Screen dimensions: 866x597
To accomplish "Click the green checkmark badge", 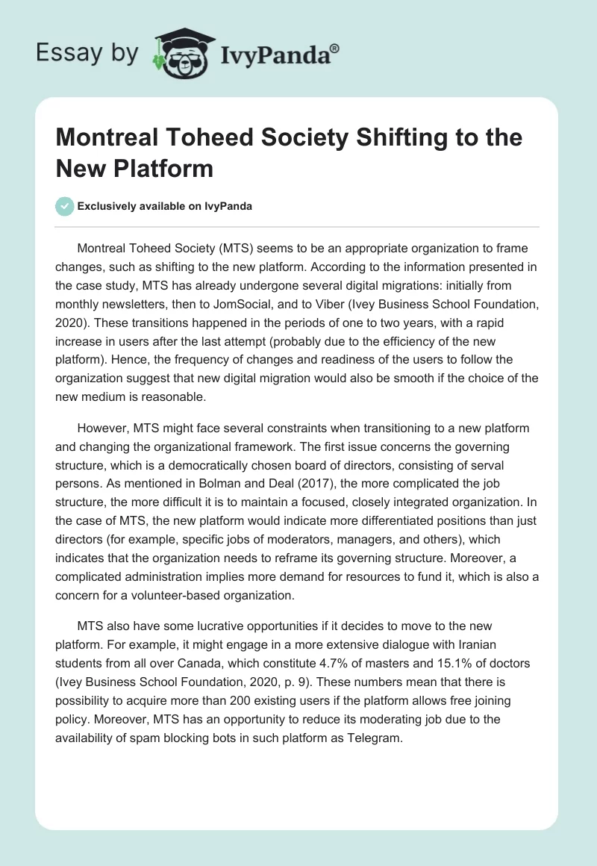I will coord(65,206).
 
